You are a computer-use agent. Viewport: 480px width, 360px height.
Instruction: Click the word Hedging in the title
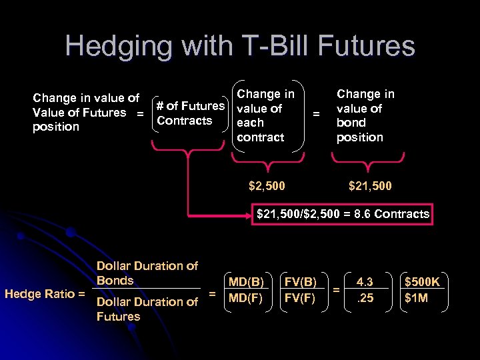pyautogui.click(x=111, y=47)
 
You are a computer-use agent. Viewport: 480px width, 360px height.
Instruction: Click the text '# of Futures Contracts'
pyautogui.click(x=189, y=113)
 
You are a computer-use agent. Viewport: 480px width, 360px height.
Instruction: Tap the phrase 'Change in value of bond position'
pyautogui.click(x=365, y=116)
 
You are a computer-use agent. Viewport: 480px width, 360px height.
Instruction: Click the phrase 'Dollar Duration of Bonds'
pyautogui.click(x=147, y=273)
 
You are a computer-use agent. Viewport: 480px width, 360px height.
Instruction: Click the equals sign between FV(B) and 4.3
pyautogui.click(x=337, y=290)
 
